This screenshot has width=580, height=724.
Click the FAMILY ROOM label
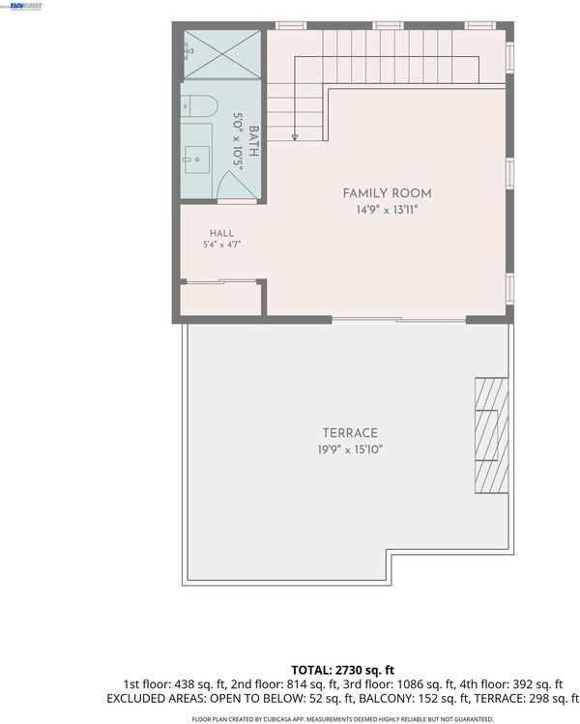(387, 193)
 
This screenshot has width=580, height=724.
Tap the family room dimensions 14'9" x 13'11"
(387, 210)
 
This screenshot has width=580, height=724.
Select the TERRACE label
(350, 433)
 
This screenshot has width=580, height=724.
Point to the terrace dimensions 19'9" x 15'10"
(350, 449)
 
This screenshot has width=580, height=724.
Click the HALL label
(221, 233)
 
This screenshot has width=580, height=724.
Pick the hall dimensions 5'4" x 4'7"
(222, 245)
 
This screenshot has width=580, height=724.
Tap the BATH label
(253, 141)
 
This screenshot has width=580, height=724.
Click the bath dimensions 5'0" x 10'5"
(238, 142)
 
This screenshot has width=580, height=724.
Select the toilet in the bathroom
(198, 106)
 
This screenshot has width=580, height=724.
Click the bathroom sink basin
(197, 159)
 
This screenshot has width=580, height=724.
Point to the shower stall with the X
(222, 54)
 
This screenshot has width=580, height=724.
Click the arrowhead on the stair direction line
(295, 137)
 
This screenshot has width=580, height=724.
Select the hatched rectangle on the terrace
(492, 435)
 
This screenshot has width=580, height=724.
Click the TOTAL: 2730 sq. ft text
(342, 670)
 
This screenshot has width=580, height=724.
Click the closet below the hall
(220, 300)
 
